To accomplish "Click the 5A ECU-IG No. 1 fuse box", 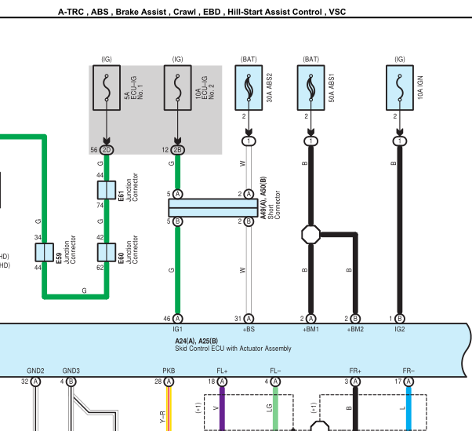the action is click(x=107, y=88).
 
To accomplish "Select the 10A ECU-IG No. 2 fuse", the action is click(x=178, y=88).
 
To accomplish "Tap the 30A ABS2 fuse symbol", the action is click(x=249, y=88).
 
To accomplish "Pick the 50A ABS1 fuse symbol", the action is click(x=311, y=88).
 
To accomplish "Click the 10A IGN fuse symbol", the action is click(x=400, y=88).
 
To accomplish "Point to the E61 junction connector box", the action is click(x=107, y=190).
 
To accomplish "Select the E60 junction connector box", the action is click(x=107, y=252).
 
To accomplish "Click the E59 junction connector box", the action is click(x=45, y=252).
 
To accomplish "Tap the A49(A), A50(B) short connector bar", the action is click(x=213, y=208).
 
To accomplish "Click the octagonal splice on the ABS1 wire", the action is click(x=311, y=235).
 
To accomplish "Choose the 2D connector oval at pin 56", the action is click(x=107, y=150).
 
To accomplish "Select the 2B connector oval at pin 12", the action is click(x=178, y=150).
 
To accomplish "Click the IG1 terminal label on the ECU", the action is click(x=178, y=329).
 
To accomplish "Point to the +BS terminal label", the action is click(x=249, y=329).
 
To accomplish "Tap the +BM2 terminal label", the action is click(x=355, y=329).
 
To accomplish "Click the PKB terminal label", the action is click(x=169, y=371).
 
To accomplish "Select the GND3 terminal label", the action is click(x=71, y=371).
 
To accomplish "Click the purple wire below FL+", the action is click(x=222, y=409).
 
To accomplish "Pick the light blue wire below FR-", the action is click(x=408, y=409).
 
